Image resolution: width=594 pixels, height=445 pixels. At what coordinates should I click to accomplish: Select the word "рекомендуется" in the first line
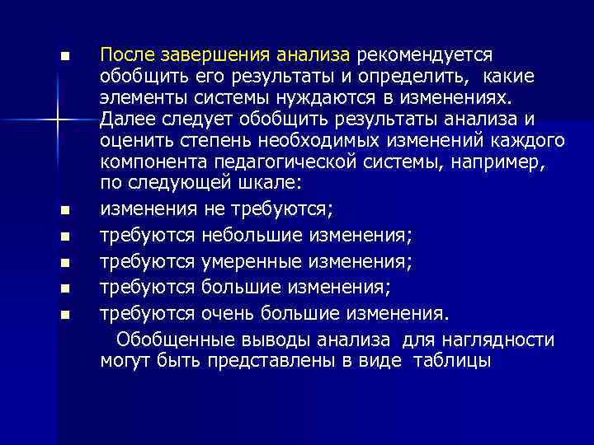(x=424, y=54)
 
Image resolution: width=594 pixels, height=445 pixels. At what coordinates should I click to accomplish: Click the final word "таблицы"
(x=456, y=361)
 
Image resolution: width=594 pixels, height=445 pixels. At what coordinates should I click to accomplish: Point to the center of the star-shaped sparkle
(x=57, y=120)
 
